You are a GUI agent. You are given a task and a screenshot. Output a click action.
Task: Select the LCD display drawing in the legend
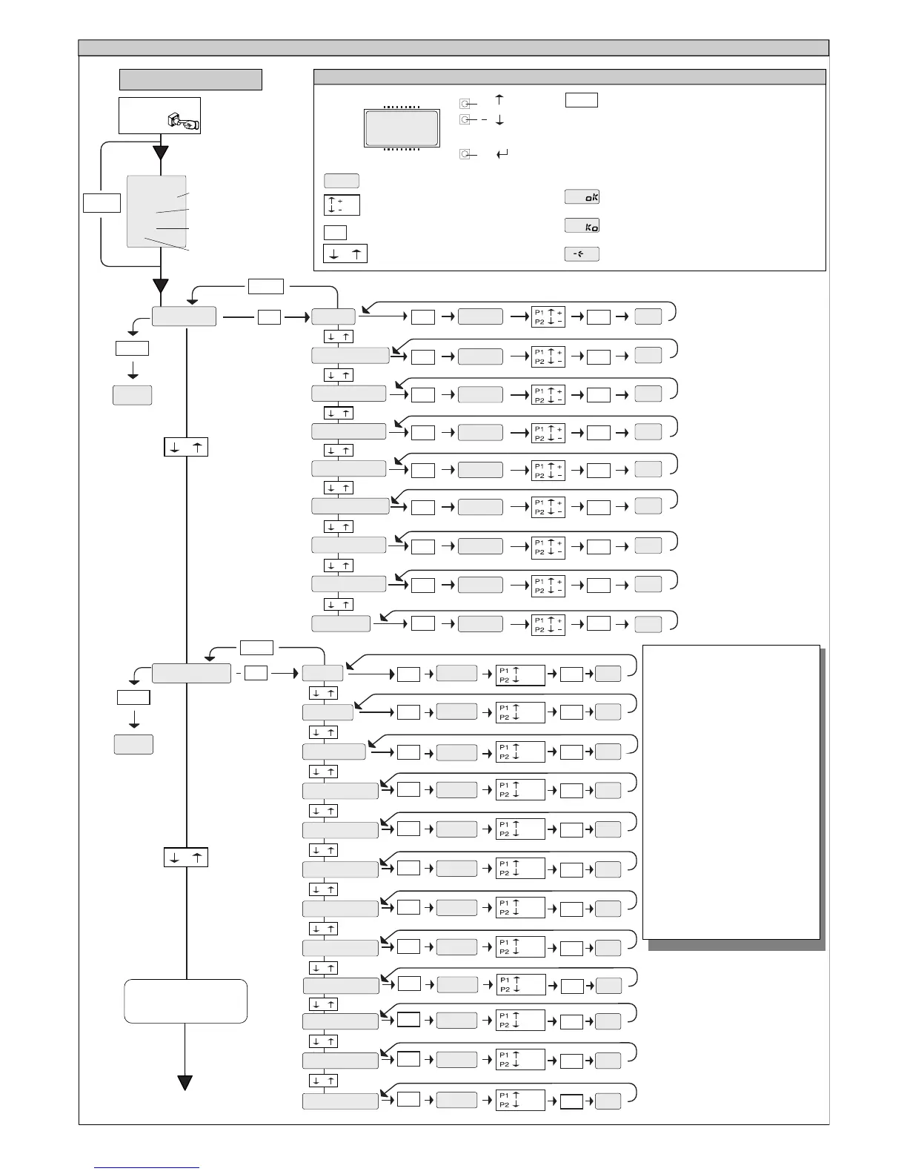click(402, 128)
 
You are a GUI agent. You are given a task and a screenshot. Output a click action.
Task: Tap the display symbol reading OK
click(582, 196)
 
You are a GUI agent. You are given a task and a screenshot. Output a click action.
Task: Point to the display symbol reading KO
click(582, 225)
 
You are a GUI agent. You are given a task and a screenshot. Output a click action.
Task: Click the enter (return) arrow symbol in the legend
click(502, 154)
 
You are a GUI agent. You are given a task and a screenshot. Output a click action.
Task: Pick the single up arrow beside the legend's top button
click(499, 99)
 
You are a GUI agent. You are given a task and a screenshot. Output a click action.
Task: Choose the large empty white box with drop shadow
click(731, 792)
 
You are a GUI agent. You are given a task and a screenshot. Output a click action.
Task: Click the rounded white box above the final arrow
click(185, 1001)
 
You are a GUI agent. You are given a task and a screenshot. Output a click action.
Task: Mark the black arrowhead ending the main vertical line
click(185, 1082)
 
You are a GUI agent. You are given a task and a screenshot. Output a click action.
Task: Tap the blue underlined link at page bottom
click(147, 1167)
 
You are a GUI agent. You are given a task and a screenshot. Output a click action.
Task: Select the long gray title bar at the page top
click(453, 47)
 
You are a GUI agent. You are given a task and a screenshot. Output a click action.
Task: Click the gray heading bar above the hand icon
click(190, 79)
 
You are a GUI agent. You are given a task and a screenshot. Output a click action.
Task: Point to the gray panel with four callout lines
click(156, 211)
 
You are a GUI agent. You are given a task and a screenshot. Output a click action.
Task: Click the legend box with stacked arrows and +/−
click(342, 205)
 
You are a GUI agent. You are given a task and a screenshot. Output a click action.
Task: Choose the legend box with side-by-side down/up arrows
click(345, 253)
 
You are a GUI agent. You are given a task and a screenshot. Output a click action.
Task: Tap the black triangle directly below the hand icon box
click(160, 153)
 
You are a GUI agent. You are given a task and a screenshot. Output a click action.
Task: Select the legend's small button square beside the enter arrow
click(465, 154)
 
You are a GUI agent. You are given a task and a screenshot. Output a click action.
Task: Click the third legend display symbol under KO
click(582, 253)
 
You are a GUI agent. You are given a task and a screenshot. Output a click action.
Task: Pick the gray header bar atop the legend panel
click(569, 77)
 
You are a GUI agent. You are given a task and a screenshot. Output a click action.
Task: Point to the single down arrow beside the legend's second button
click(499, 119)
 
